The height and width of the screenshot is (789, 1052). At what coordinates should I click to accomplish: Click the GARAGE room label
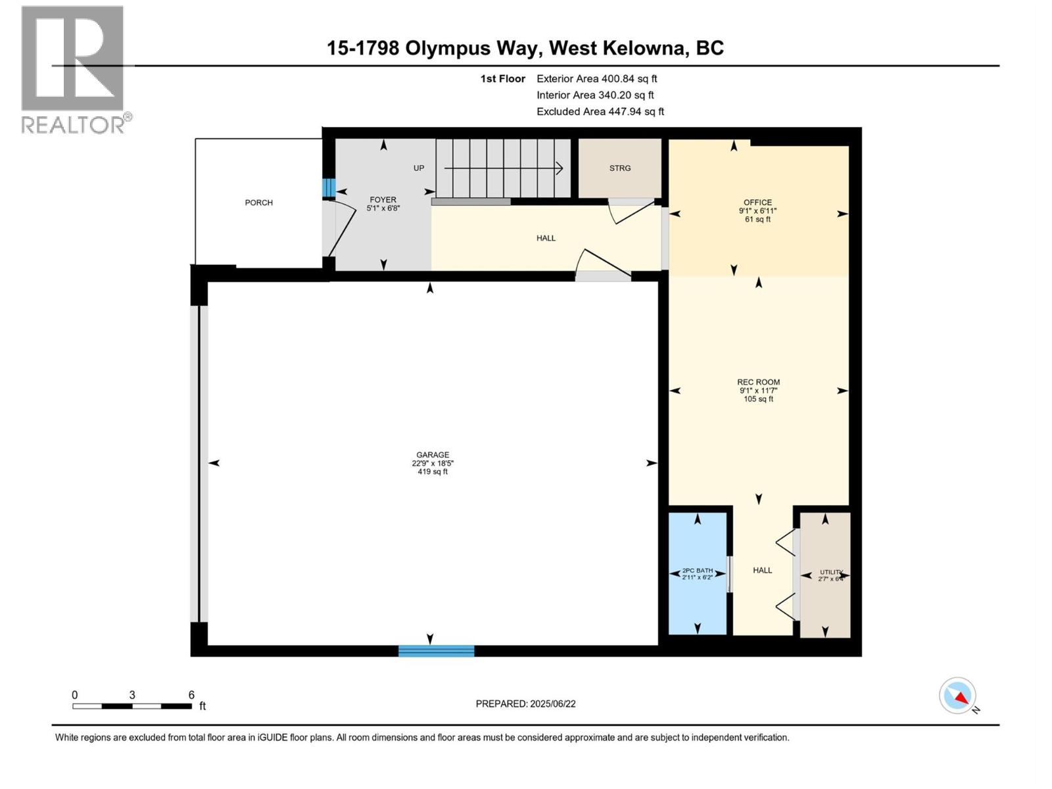(x=432, y=455)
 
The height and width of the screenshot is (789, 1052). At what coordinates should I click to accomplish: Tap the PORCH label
(x=258, y=203)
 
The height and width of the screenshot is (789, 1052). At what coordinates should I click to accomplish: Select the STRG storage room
(x=619, y=168)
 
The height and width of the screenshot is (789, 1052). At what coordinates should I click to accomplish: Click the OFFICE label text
(x=757, y=203)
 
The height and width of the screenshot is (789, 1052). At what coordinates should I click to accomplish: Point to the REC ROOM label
(x=758, y=382)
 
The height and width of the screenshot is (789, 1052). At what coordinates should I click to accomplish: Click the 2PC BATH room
(x=697, y=574)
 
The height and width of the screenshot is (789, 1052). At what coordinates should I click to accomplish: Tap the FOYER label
(x=383, y=200)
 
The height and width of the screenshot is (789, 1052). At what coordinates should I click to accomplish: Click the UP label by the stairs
(x=419, y=168)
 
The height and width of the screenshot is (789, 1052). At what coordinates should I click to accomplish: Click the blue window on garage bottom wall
(x=436, y=651)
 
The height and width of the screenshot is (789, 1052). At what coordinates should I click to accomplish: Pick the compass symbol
(x=957, y=696)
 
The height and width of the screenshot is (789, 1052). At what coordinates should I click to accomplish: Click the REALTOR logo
(x=73, y=69)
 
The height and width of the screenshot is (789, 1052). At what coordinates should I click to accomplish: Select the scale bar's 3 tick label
(x=132, y=695)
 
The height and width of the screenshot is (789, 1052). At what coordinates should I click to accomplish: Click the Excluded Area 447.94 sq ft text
(x=600, y=112)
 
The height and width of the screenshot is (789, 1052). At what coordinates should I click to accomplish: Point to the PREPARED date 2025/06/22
(x=525, y=704)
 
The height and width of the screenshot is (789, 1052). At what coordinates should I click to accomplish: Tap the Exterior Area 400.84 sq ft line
(x=596, y=79)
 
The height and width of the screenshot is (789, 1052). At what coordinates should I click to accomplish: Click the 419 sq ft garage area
(x=432, y=471)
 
